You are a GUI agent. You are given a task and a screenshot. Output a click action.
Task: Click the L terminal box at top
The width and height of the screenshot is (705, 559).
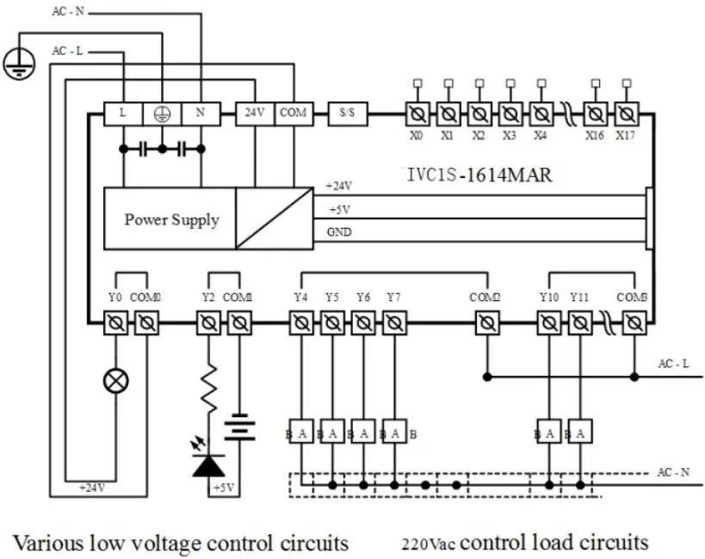[x=123, y=113]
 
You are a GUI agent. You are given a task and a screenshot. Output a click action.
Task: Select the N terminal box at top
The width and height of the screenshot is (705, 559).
[x=200, y=113]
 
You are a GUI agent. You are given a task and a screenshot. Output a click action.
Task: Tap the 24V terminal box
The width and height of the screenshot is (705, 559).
[x=255, y=113]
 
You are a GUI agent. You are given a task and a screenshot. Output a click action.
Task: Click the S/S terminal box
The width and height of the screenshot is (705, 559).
[x=348, y=113]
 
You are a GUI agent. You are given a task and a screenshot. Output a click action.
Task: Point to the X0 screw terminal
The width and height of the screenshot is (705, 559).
[x=417, y=113]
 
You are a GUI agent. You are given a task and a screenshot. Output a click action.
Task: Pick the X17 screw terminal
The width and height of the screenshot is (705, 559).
[x=626, y=113]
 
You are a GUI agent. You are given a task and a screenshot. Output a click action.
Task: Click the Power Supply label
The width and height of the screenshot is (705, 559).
[x=171, y=219]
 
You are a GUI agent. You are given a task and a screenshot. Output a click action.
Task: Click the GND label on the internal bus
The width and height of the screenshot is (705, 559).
[x=339, y=232]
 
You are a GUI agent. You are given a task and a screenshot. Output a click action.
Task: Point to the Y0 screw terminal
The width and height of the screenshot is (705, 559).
[x=115, y=323]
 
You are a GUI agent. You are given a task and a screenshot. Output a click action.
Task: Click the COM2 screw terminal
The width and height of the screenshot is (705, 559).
[x=487, y=323]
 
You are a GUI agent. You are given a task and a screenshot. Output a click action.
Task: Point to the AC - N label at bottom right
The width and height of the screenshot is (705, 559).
[x=673, y=472]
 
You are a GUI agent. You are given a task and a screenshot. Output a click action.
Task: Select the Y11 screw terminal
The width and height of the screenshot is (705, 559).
[x=580, y=323]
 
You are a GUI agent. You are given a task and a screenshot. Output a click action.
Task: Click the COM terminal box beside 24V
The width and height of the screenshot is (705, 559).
[x=293, y=113]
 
